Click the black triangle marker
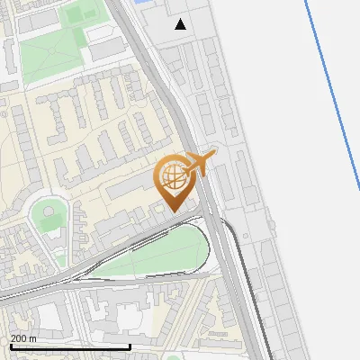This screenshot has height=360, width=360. tap(181, 24)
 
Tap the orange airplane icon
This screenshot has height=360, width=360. tap(200, 163)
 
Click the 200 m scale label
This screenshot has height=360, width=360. tap(23, 338)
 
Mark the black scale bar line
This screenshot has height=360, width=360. tap(70, 346)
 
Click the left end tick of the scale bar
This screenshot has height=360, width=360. tap(10, 346)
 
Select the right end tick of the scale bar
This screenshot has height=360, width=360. tap(130, 346)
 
